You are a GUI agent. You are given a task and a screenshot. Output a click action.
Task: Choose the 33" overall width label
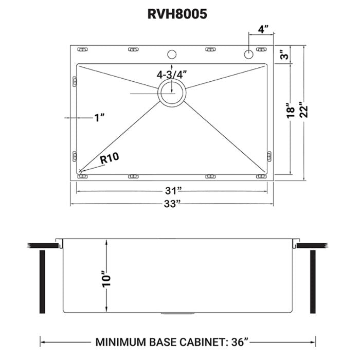pyautogui.click(x=172, y=204)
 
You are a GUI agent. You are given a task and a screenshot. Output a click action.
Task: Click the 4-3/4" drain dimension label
pyautogui.click(x=172, y=74)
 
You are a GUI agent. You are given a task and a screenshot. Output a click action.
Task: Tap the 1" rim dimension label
pyautogui.click(x=99, y=118)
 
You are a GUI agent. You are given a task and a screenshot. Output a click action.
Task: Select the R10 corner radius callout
pyautogui.click(x=109, y=159)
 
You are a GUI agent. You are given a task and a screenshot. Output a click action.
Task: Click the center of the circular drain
pyautogui.click(x=172, y=93)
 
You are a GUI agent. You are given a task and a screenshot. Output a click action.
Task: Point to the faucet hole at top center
pyautogui.click(x=172, y=53)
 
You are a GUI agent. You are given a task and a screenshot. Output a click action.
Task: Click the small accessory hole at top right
pyautogui.click(x=248, y=53)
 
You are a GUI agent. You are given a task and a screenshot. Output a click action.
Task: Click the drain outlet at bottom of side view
pyautogui.click(x=177, y=313)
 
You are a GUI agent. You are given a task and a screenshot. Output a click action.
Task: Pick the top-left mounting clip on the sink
pyautogui.click(x=82, y=49)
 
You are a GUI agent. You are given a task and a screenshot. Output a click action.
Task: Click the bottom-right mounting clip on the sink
pyautogui.click(x=261, y=176)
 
